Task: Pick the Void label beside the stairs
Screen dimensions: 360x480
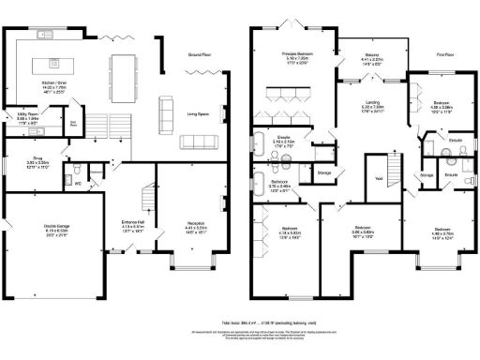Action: click(380, 179)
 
